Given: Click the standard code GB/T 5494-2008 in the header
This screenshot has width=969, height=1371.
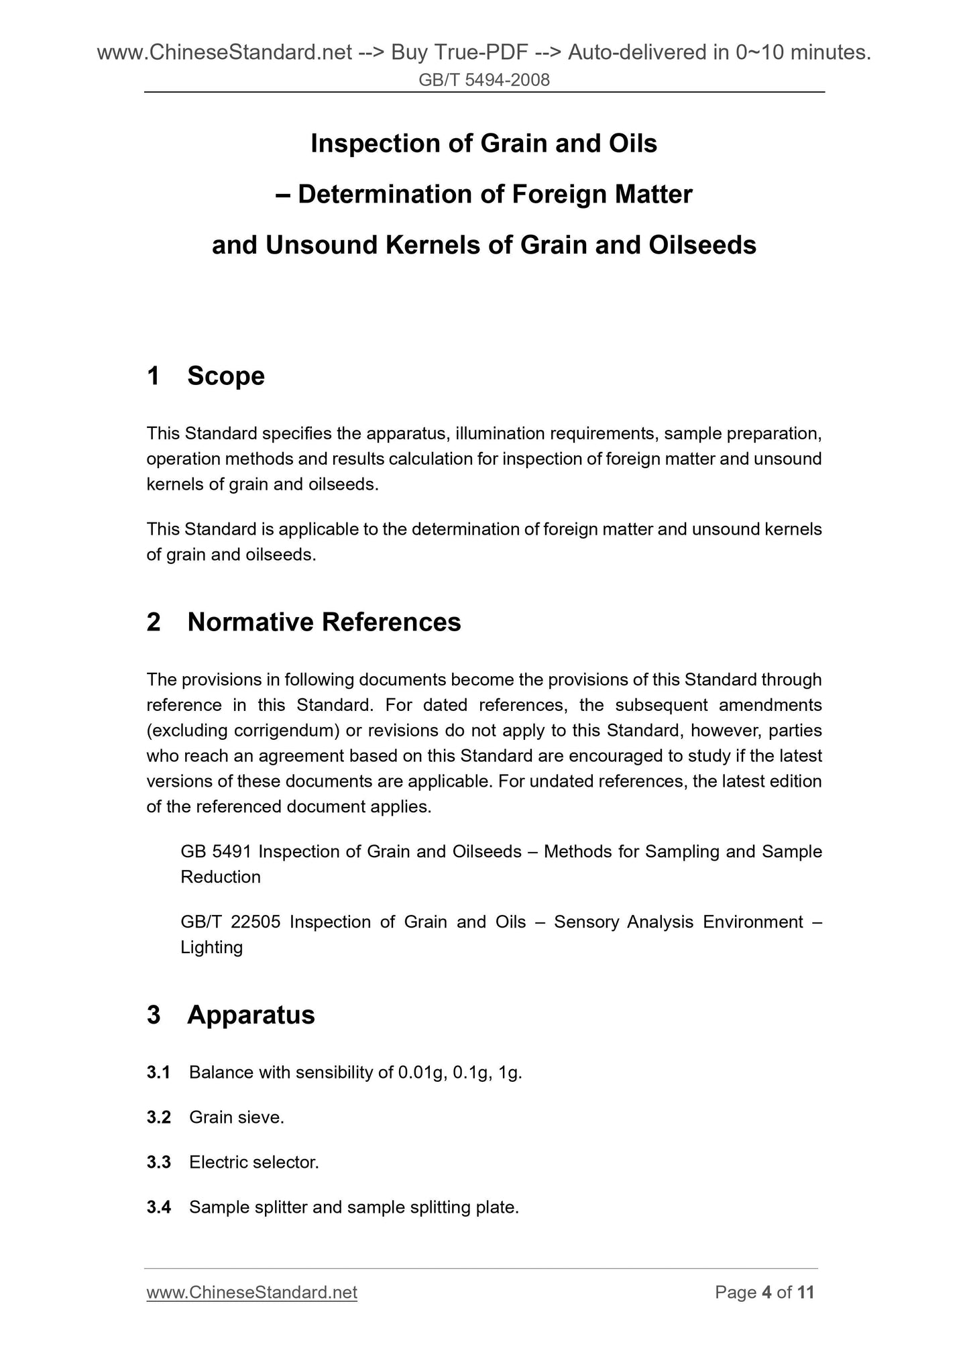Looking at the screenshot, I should coord(483,80).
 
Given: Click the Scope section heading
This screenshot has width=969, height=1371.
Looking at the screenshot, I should coord(225,376).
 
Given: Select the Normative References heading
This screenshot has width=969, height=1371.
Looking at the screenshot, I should coord(324,622).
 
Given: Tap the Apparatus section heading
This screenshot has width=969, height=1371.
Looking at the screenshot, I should coord(251,1015).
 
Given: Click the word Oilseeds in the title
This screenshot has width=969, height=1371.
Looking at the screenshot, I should coord(702,245).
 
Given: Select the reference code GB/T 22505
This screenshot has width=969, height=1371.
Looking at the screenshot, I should coord(230,922).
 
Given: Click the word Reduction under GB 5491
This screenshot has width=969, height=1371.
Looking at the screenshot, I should coord(221,877).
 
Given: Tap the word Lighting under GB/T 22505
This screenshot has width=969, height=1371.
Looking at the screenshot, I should coord(211,947).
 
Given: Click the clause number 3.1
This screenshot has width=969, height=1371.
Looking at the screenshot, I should coord(158,1073).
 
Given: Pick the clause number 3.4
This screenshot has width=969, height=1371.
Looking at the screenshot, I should coord(158,1207).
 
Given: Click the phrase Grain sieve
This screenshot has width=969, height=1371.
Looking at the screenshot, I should coord(236,1117).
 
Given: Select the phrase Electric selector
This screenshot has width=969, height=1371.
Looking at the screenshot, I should coord(253,1162).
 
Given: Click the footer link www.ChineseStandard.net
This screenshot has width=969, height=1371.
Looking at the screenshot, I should coord(251,1293).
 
